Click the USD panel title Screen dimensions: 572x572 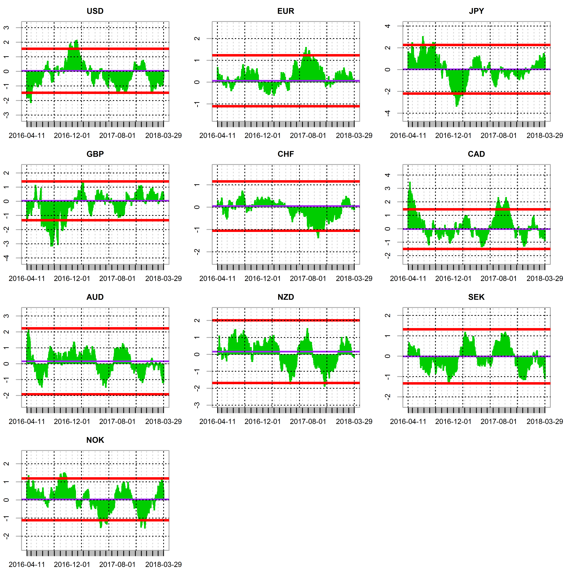tap(95, 11)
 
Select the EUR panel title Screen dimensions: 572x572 tap(286, 11)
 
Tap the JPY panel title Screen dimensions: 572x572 tap(476, 11)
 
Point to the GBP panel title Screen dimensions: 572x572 tap(95, 154)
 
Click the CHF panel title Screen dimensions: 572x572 tap(286, 154)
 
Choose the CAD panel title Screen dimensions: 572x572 tap(476, 154)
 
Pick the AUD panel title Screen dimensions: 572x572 tap(95, 297)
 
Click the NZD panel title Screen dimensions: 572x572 tap(286, 297)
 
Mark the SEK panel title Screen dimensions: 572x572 tap(476, 297)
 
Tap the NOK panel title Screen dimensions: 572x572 tap(95, 440)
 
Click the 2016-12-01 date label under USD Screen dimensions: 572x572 tap(72, 136)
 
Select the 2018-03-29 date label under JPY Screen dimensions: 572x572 tap(545, 136)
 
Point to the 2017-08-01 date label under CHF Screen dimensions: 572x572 tap(308, 279)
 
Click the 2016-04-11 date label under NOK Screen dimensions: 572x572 tap(27, 565)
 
